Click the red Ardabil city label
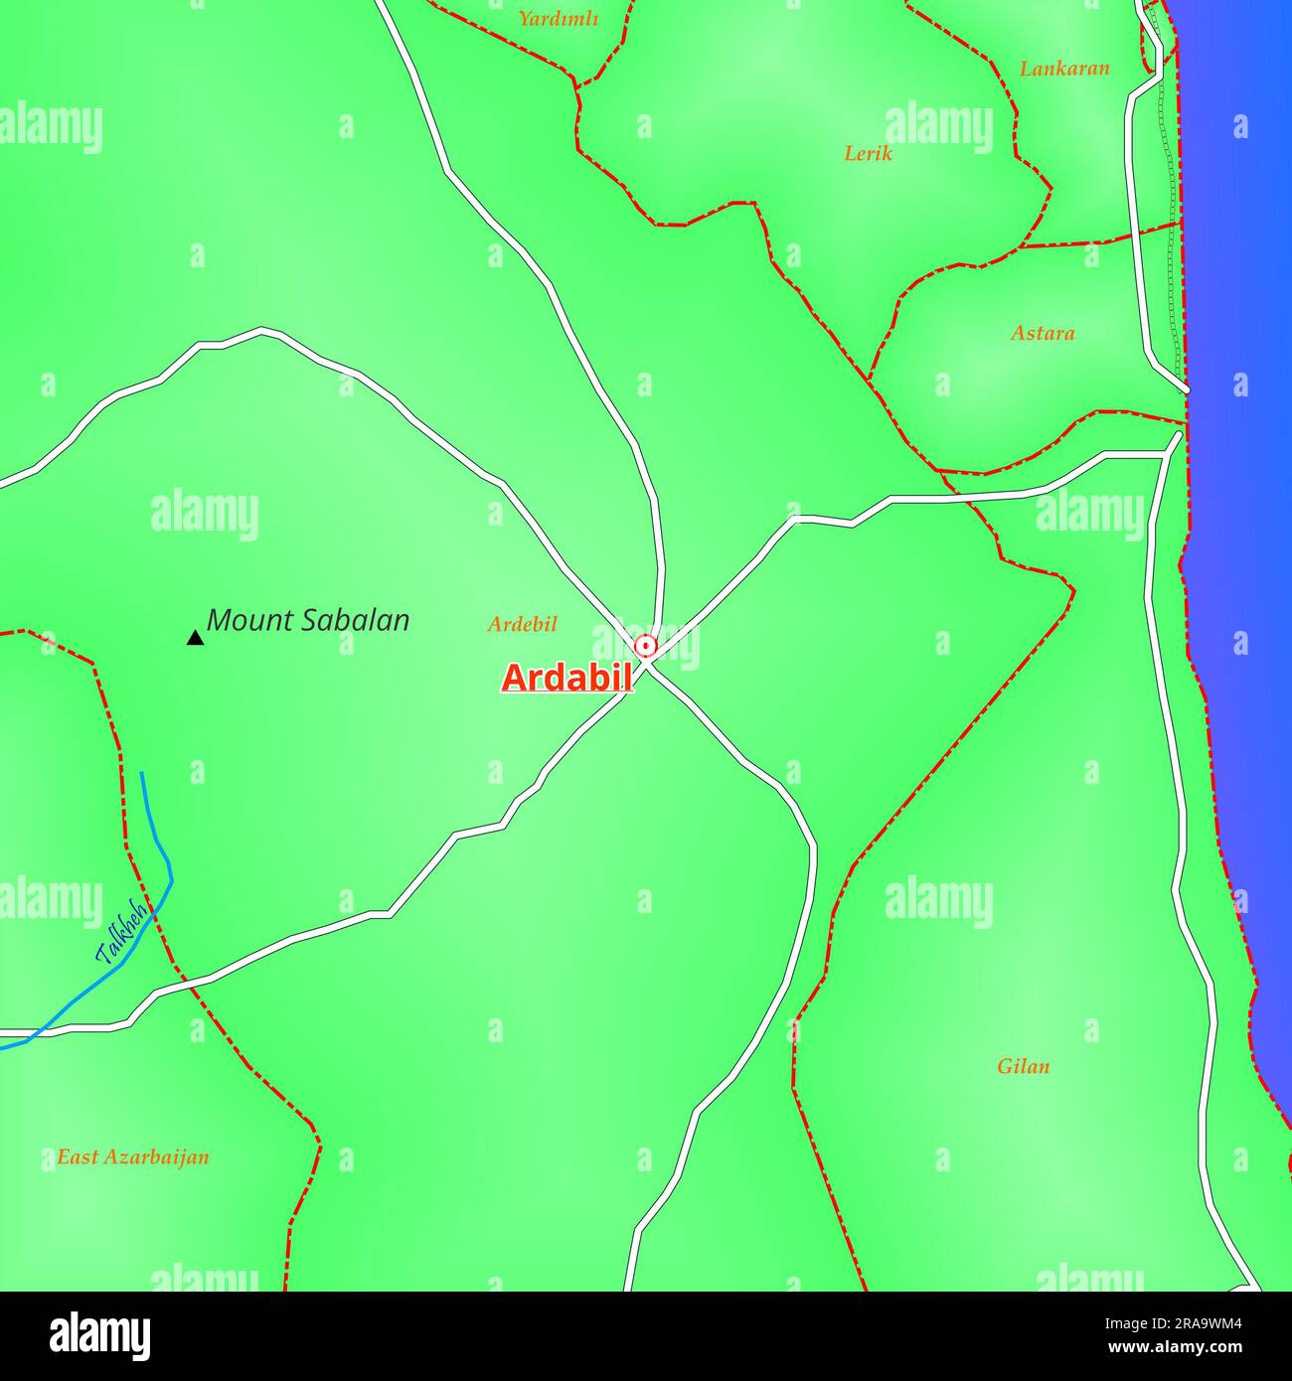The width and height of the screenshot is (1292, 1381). [566, 678]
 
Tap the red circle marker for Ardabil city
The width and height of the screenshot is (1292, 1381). [646, 647]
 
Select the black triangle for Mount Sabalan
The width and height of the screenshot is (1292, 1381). [195, 638]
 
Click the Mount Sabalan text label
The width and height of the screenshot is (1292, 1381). [308, 621]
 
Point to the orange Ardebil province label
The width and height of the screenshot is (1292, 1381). [522, 624]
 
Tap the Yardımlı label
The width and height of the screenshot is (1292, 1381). [558, 18]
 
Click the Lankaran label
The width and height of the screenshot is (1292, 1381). [1064, 69]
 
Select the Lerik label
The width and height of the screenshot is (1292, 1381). [868, 153]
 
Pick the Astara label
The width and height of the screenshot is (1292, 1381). [1043, 333]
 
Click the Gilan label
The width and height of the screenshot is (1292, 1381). [1023, 1066]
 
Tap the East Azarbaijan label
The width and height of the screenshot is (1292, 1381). [132, 1156]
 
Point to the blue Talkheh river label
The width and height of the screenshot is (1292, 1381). [121, 933]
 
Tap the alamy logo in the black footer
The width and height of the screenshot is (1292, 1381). [100, 1334]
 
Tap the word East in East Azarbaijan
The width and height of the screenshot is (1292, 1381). [78, 1156]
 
